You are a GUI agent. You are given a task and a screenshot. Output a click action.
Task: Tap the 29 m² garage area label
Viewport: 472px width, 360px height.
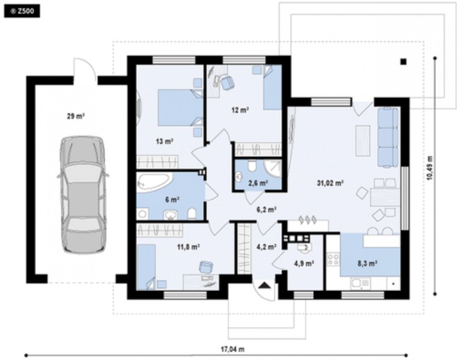click(x=76, y=116)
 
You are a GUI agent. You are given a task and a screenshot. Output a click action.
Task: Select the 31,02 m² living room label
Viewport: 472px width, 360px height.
click(x=330, y=183)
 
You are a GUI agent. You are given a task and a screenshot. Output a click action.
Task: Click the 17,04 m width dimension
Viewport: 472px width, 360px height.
click(x=232, y=349)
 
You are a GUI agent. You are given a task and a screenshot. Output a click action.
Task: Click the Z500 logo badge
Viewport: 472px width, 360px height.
click(x=22, y=11)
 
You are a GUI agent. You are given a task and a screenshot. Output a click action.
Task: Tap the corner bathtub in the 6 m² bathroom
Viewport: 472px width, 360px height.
click(x=155, y=182)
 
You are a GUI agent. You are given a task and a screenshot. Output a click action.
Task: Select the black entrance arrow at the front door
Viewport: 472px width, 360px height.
click(x=263, y=285)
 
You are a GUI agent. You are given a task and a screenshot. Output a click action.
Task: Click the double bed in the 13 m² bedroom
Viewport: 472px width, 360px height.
click(x=181, y=107)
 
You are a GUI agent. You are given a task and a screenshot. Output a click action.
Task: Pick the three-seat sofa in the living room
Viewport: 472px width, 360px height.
click(x=388, y=138)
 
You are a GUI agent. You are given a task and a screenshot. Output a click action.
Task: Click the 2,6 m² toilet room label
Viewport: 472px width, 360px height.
click(x=258, y=182)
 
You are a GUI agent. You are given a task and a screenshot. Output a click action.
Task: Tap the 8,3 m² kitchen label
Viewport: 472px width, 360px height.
click(x=368, y=263)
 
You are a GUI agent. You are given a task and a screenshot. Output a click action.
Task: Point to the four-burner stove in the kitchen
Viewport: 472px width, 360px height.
click(x=333, y=259)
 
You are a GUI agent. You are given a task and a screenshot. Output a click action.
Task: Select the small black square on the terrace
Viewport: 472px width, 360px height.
click(x=404, y=62)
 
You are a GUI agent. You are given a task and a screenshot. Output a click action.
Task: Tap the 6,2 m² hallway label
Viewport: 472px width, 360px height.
click(x=267, y=209)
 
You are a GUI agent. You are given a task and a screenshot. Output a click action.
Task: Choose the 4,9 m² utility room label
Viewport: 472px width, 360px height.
click(x=304, y=263)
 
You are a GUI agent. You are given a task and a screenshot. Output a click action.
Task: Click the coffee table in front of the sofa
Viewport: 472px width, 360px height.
click(x=363, y=140)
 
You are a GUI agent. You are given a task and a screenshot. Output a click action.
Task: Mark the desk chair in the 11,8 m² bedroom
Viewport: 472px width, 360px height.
click(x=206, y=267)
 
